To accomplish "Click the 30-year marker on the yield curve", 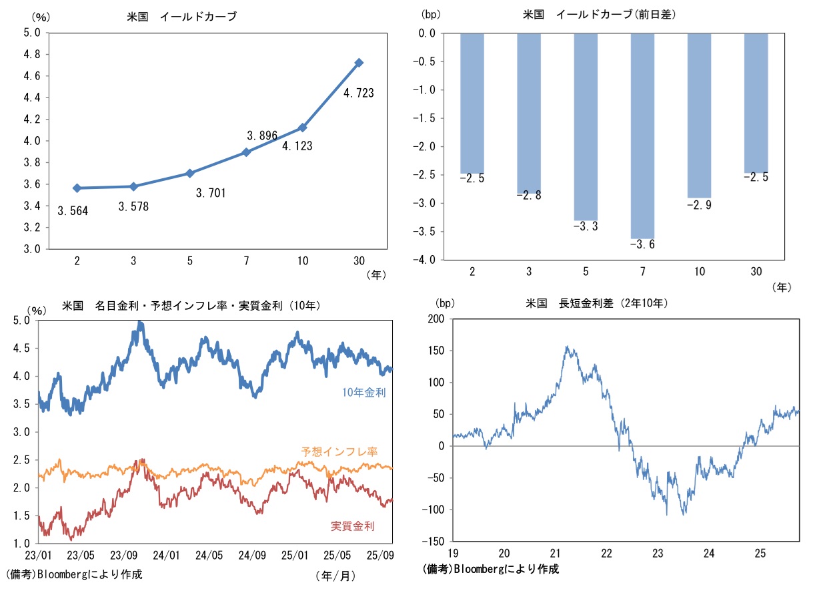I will click(359, 63).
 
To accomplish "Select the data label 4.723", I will click(358, 93).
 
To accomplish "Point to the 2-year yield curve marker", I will click(77, 188).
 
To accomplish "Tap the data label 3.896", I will click(261, 136).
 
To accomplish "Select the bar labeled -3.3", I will click(586, 127).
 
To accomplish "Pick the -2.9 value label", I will click(700, 206).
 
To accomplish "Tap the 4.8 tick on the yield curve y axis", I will click(33, 54).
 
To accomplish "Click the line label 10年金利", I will click(363, 393).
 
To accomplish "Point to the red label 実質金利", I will click(352, 526).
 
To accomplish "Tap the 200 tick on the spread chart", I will click(435, 319).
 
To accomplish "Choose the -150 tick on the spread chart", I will click(433, 542).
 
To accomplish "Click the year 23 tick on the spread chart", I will click(658, 554).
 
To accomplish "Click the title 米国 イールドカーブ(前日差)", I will click(601, 14).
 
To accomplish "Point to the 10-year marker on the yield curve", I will click(303, 128).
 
